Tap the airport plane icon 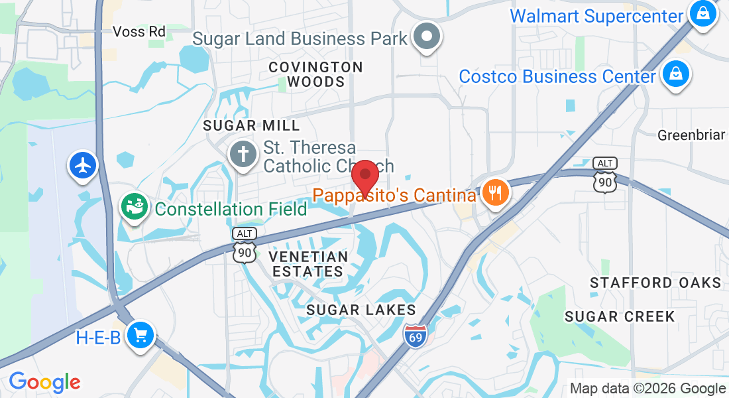[x=84, y=166]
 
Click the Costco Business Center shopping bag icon [x=675, y=74]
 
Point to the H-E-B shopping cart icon [x=140, y=336]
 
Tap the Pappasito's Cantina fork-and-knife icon [x=494, y=193]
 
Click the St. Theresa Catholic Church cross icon [x=243, y=155]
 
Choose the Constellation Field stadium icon [x=134, y=207]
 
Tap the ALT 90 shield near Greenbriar [x=605, y=176]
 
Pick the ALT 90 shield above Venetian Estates [x=245, y=245]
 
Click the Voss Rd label [x=139, y=31]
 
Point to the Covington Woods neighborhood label [x=316, y=74]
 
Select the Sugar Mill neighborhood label [x=251, y=125]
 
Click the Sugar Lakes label [x=361, y=310]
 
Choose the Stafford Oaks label [x=655, y=283]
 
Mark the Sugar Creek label [x=620, y=316]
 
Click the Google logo [x=44, y=382]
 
